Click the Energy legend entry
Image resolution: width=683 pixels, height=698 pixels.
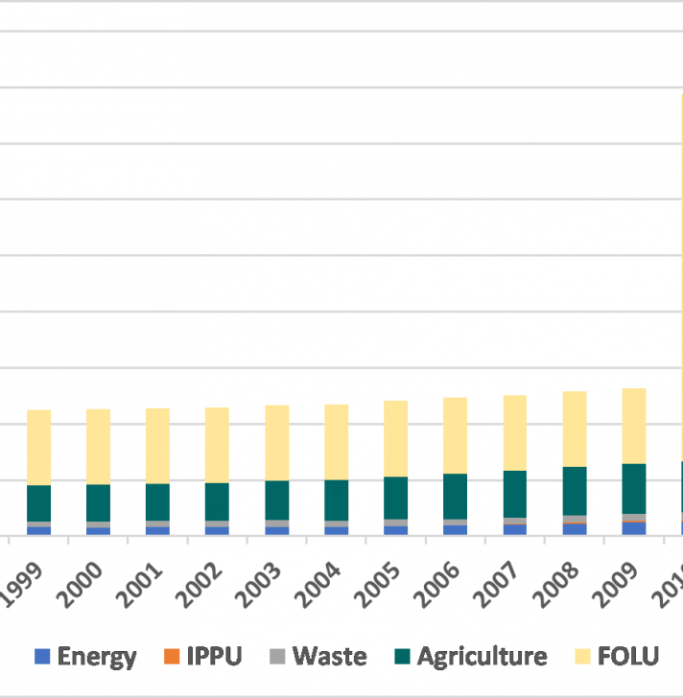85,657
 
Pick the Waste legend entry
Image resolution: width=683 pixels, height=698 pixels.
318,657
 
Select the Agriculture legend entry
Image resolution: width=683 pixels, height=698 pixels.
470,657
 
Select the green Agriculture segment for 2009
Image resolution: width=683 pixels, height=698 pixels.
634,488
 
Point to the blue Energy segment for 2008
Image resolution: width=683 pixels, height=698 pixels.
575,529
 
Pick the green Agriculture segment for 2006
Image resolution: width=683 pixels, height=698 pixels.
455,496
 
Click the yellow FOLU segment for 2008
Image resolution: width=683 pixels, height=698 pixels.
575,429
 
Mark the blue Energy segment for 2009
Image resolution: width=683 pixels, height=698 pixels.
634,528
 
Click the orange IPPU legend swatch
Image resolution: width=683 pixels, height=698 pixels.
172,657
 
